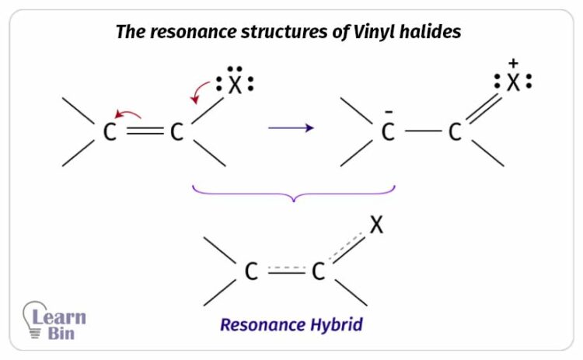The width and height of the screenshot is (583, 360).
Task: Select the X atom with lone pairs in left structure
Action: click(x=235, y=85)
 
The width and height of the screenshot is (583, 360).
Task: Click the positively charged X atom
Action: click(x=513, y=83)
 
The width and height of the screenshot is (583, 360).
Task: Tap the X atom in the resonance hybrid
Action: click(x=377, y=225)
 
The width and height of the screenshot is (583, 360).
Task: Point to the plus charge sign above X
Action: click(x=512, y=62)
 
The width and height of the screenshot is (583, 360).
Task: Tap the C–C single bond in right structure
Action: click(x=422, y=132)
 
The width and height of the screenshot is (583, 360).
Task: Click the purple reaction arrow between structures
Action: click(x=291, y=128)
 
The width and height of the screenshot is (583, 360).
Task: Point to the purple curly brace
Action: click(x=293, y=193)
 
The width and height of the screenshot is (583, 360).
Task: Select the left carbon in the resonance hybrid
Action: click(x=250, y=271)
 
